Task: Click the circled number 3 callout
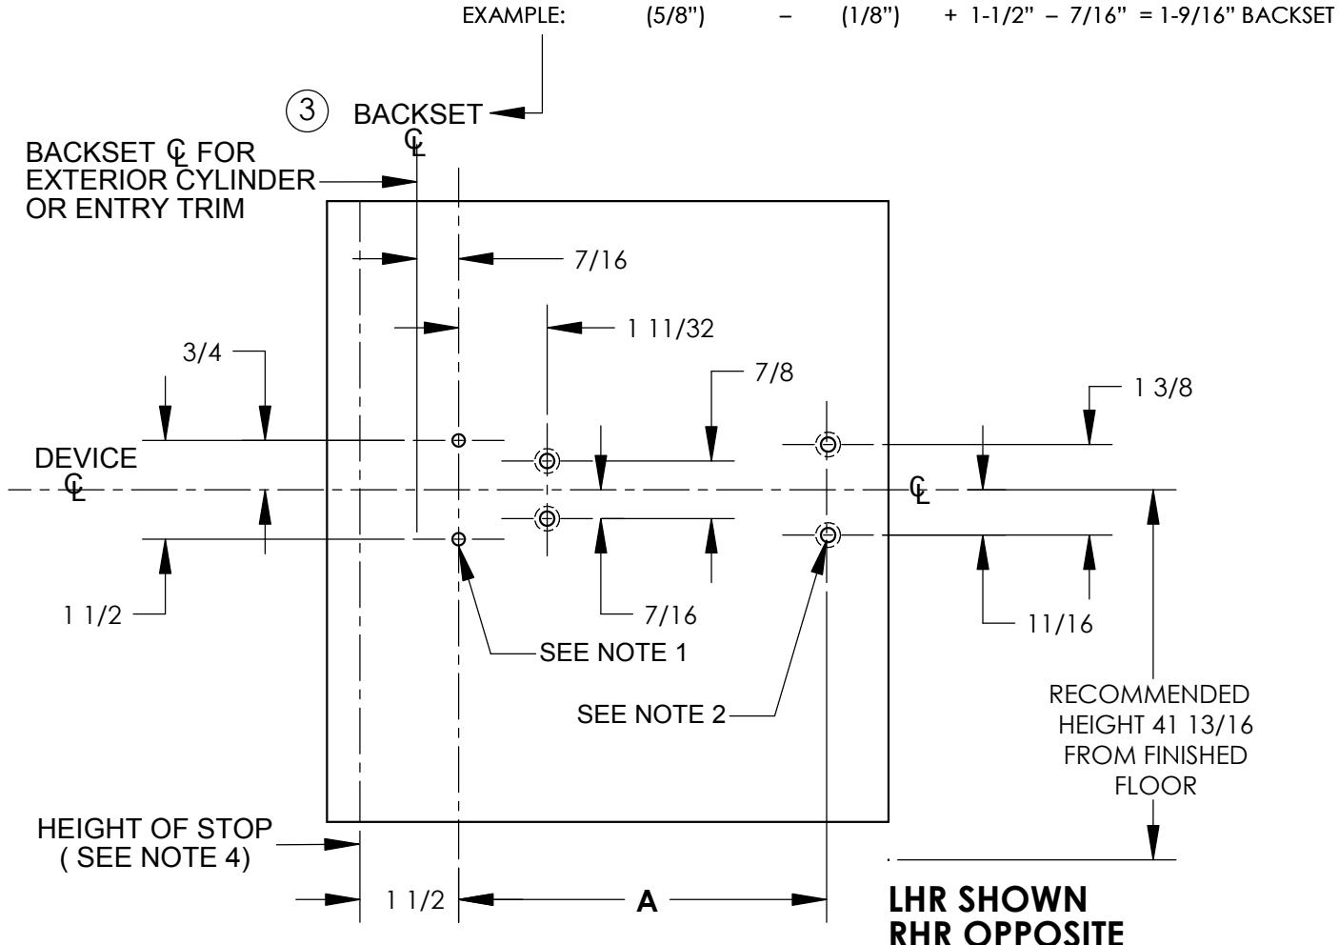307,111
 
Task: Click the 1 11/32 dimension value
670,329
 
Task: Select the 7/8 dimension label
774,372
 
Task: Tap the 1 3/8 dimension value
1163,388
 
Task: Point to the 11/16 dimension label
1060,624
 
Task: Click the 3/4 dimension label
202,352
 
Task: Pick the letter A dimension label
647,901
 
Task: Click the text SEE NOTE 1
613,653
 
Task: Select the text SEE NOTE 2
651,714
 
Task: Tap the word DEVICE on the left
86,458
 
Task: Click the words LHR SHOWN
988,899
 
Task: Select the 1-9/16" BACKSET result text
1247,15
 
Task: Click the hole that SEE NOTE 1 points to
458,539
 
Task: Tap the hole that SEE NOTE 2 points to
828,534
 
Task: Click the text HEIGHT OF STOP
155,829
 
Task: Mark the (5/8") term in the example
675,16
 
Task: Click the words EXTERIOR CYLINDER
170,180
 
